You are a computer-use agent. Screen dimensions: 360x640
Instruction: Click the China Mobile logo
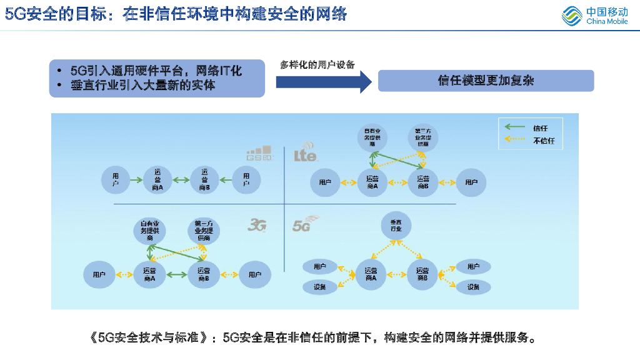coord(594,16)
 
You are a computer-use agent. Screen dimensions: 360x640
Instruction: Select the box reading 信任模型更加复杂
coord(486,81)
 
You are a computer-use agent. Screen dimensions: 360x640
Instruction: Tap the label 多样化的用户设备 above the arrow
coord(317,65)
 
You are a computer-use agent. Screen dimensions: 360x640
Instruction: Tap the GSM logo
coord(258,153)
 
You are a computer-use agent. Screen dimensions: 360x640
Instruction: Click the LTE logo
coord(306,154)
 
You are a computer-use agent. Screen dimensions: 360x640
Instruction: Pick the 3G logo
coord(257,224)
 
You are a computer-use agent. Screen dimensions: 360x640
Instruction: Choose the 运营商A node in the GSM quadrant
coord(157,180)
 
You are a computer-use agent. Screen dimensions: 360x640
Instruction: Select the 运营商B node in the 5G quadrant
coord(422,274)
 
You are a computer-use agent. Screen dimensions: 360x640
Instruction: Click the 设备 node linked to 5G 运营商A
coord(320,287)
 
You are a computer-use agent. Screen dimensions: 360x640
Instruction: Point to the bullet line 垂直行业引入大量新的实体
coord(143,86)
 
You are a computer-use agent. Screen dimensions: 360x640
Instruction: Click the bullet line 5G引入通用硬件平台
coord(156,70)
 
